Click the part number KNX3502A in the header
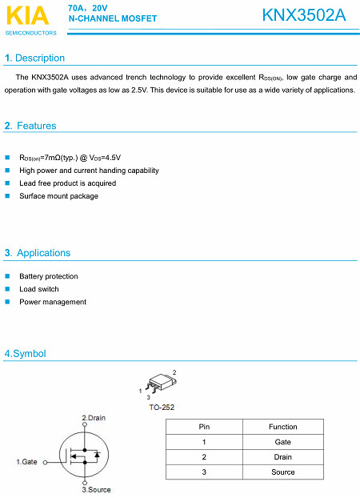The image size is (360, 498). click(x=303, y=15)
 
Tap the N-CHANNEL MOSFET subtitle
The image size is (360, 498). click(x=113, y=18)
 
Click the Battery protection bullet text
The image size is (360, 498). click(x=49, y=276)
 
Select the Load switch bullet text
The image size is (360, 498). click(x=39, y=289)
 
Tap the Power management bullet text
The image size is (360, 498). click(x=53, y=302)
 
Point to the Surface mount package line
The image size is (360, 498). click(x=59, y=196)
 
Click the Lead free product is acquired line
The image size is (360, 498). click(x=67, y=183)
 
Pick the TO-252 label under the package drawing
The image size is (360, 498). click(x=162, y=407)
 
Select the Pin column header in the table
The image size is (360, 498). click(x=204, y=427)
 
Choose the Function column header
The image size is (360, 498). click(x=282, y=427)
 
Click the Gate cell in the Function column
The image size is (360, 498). click(x=282, y=442)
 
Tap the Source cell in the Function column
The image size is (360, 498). click(x=282, y=472)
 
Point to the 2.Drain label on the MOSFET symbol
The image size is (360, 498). click(x=94, y=418)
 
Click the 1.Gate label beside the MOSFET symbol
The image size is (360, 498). click(x=27, y=462)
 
